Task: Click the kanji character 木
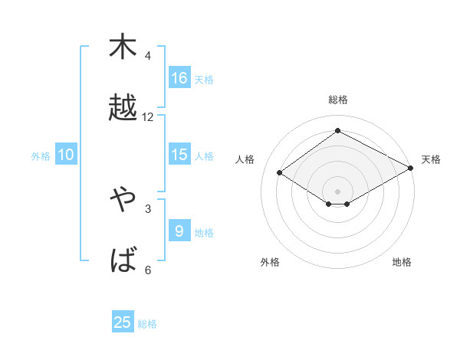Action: tap(123, 47)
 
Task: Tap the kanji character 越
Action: tap(123, 108)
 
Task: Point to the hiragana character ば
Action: tap(123, 260)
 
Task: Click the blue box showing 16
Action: tap(179, 77)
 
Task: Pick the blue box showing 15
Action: tap(179, 154)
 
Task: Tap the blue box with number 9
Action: tap(179, 231)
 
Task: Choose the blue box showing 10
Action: tap(66, 155)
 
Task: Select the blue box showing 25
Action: tap(123, 322)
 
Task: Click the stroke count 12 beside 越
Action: tap(148, 117)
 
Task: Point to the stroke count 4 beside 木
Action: tap(148, 56)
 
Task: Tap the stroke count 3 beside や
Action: tap(148, 208)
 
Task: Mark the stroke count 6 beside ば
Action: tap(148, 270)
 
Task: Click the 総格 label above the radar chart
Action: tap(338, 100)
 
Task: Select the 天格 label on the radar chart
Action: tap(431, 159)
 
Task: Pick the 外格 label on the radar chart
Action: tap(270, 262)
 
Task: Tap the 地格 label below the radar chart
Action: tap(402, 262)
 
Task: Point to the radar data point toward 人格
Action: tap(280, 173)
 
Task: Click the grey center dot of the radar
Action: tap(338, 190)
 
